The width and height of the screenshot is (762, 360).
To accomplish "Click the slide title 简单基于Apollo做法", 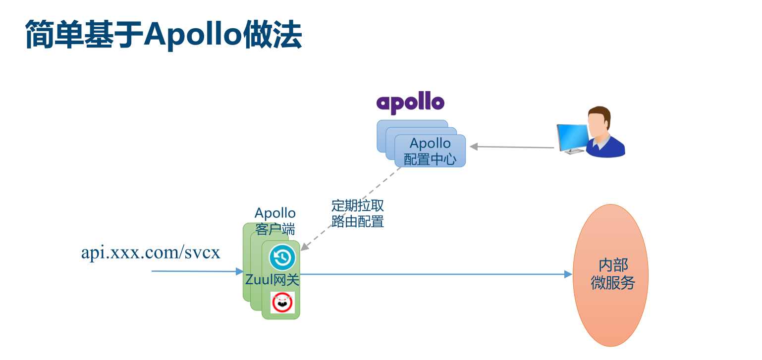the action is (163, 35).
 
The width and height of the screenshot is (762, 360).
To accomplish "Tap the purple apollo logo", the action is (410, 103).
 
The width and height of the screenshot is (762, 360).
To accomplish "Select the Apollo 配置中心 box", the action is (430, 151).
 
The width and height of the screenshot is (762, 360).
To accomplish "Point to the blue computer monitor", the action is (572, 139).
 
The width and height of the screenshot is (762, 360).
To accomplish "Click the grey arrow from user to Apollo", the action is (512, 147).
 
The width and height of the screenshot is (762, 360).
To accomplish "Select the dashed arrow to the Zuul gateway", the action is (350, 209).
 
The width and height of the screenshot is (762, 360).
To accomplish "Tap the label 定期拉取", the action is (358, 206).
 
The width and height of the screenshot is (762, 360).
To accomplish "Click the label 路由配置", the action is (358, 222).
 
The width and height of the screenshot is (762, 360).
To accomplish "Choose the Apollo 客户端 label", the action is (275, 221).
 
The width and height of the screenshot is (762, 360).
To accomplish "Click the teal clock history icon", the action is (282, 257).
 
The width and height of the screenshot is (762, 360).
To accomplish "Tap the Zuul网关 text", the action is (272, 280).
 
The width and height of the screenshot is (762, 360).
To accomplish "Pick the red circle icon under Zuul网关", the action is (282, 302).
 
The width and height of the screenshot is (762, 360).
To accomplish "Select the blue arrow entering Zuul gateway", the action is (197, 271).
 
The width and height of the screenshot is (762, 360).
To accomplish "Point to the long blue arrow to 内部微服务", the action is (436, 274).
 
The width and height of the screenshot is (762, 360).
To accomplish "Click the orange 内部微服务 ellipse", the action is (610, 275).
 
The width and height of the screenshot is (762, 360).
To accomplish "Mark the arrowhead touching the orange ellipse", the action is (568, 274).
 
